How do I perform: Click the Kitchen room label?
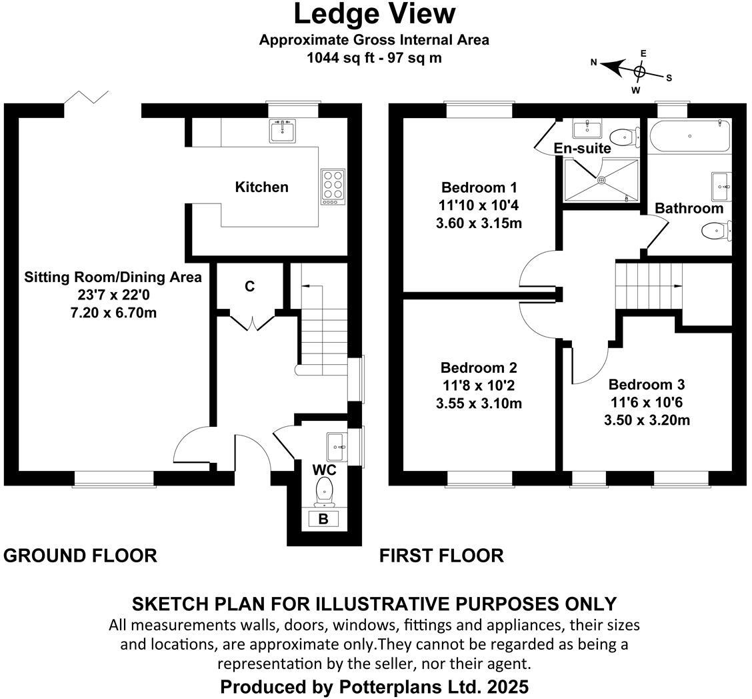coord(261,187)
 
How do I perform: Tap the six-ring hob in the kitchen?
coord(331,186)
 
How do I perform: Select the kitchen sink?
coord(283,131)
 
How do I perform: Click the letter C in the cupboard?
coord(249,287)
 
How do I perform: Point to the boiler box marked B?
coord(323,519)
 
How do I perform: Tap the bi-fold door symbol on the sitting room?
coord(86,98)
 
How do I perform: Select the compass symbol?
coord(638,71)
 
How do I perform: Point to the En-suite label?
coord(582,148)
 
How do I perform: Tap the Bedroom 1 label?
coord(479,187)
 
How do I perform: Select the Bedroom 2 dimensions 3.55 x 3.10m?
coord(479,404)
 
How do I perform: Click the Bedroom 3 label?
coord(647,385)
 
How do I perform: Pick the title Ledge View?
coord(375,14)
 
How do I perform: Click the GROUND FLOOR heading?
coord(81,556)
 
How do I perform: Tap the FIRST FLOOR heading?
coord(441,556)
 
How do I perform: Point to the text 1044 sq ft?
coord(337,57)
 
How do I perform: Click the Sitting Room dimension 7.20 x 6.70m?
coord(113,312)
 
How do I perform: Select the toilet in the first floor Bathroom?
coord(715,231)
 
